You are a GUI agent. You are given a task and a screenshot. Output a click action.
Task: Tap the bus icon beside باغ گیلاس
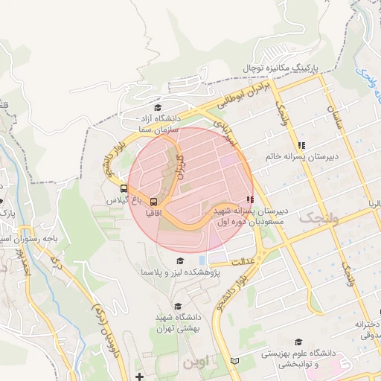tap(124, 189)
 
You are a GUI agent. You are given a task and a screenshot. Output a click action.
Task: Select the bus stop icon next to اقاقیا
tap(154, 202)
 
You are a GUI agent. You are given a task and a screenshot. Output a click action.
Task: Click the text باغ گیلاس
tap(121, 201)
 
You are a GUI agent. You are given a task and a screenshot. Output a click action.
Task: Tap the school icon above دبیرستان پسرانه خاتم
tap(301, 146)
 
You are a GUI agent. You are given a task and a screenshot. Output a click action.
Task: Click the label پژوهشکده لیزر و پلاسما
tap(178, 274)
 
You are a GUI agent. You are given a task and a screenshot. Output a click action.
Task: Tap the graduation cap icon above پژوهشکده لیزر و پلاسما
tap(179, 261)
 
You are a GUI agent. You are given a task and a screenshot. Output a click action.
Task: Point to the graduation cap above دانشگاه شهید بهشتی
tap(177, 307)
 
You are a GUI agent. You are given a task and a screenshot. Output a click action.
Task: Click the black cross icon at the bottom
tap(139, 376)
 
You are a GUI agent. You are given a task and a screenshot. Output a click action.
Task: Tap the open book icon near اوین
tap(235, 361)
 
